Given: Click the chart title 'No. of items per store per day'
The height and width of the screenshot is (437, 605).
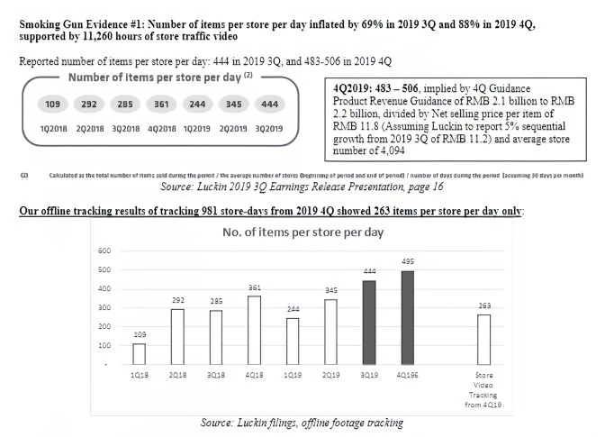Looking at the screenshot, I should coord(302,232).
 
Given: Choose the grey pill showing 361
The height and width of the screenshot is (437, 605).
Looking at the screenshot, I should coord(163,104).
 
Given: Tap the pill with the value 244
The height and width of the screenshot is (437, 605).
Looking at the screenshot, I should coord(198,104).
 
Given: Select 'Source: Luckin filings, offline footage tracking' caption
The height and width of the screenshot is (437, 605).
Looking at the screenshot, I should coord(302,422).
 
